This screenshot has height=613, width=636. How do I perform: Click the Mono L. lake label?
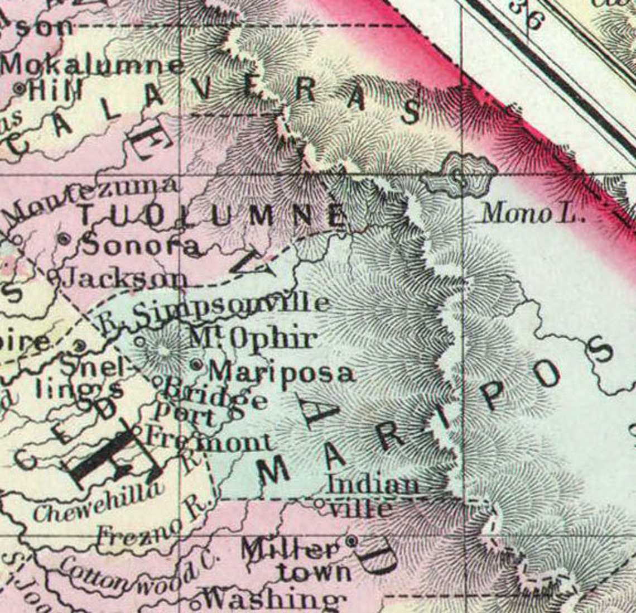point(533,213)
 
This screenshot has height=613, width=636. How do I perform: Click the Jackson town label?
point(126,278)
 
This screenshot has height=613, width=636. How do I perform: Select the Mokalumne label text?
point(93,66)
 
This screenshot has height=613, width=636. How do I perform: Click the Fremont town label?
point(209,440)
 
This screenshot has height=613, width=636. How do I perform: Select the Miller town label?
point(290,550)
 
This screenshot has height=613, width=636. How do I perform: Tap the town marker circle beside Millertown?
point(351,540)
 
